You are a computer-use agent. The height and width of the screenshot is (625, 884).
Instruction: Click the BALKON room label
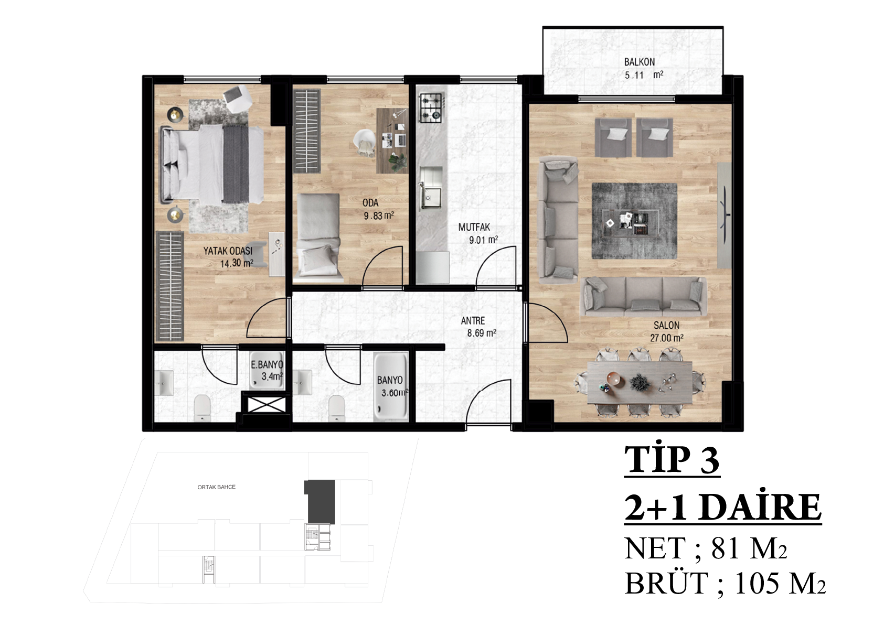click(x=640, y=62)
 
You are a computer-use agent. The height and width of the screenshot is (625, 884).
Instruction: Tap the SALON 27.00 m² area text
click(x=667, y=338)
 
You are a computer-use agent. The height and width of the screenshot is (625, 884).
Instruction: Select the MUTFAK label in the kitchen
click(x=474, y=227)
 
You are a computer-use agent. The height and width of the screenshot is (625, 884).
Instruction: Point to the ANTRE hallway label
click(x=473, y=320)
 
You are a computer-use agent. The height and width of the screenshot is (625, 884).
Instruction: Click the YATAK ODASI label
click(x=228, y=251)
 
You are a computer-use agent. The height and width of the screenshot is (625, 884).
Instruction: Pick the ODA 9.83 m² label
click(x=378, y=209)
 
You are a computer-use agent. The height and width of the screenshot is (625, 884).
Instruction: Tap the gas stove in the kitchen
click(x=431, y=108)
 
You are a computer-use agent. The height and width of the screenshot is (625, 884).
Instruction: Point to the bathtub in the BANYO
click(x=390, y=386)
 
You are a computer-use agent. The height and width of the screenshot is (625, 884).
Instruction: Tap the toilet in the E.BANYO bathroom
click(x=203, y=408)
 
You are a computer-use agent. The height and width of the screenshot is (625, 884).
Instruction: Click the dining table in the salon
click(x=640, y=382)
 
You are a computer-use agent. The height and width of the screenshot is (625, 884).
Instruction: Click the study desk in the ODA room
click(x=392, y=141)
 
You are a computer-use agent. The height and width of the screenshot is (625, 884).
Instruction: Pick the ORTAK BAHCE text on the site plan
click(x=216, y=487)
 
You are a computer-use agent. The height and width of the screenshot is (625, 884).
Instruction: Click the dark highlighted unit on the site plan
click(x=319, y=501)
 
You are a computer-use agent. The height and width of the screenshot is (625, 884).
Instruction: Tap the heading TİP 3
click(x=672, y=460)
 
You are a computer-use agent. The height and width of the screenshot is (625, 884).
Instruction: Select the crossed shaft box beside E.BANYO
click(x=263, y=405)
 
